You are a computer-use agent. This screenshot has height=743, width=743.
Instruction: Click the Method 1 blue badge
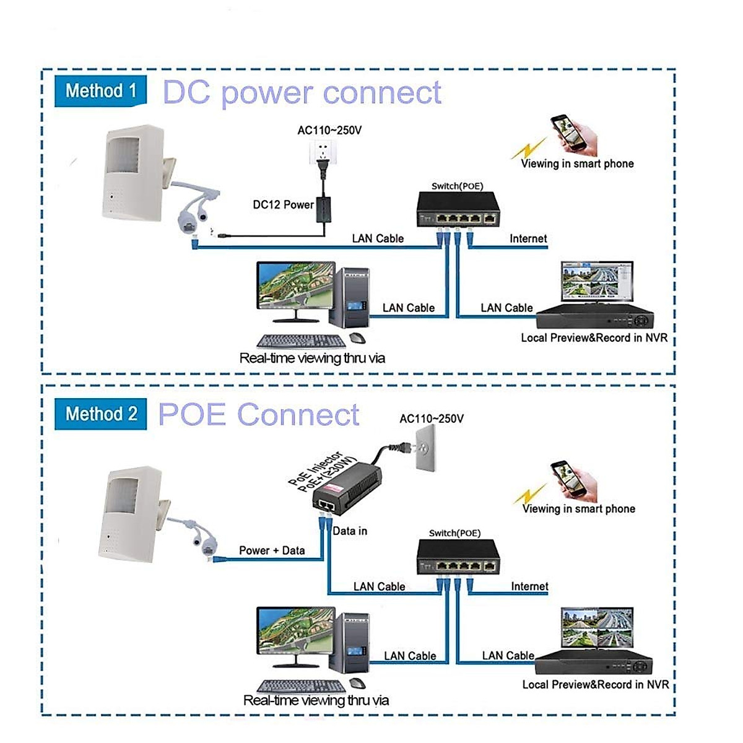click(100, 91)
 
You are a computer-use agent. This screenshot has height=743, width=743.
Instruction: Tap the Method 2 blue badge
click(100, 414)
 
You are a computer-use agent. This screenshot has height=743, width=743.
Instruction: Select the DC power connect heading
click(302, 93)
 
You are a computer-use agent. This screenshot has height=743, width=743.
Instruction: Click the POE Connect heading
click(259, 414)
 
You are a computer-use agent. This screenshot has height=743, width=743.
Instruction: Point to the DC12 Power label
click(283, 205)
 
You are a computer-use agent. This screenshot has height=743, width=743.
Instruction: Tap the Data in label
click(350, 531)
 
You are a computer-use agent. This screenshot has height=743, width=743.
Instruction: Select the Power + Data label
click(272, 550)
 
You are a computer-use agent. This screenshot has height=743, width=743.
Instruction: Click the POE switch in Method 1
click(458, 209)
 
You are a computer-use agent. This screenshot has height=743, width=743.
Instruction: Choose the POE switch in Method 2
click(458, 557)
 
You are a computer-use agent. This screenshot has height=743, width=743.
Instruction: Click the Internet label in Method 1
click(528, 238)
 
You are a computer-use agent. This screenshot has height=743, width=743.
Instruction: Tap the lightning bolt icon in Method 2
click(531, 495)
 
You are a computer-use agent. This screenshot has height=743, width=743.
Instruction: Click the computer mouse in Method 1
click(357, 338)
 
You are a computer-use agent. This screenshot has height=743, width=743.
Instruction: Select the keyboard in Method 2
click(302, 686)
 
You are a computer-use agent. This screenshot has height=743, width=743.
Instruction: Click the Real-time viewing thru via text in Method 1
click(312, 358)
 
